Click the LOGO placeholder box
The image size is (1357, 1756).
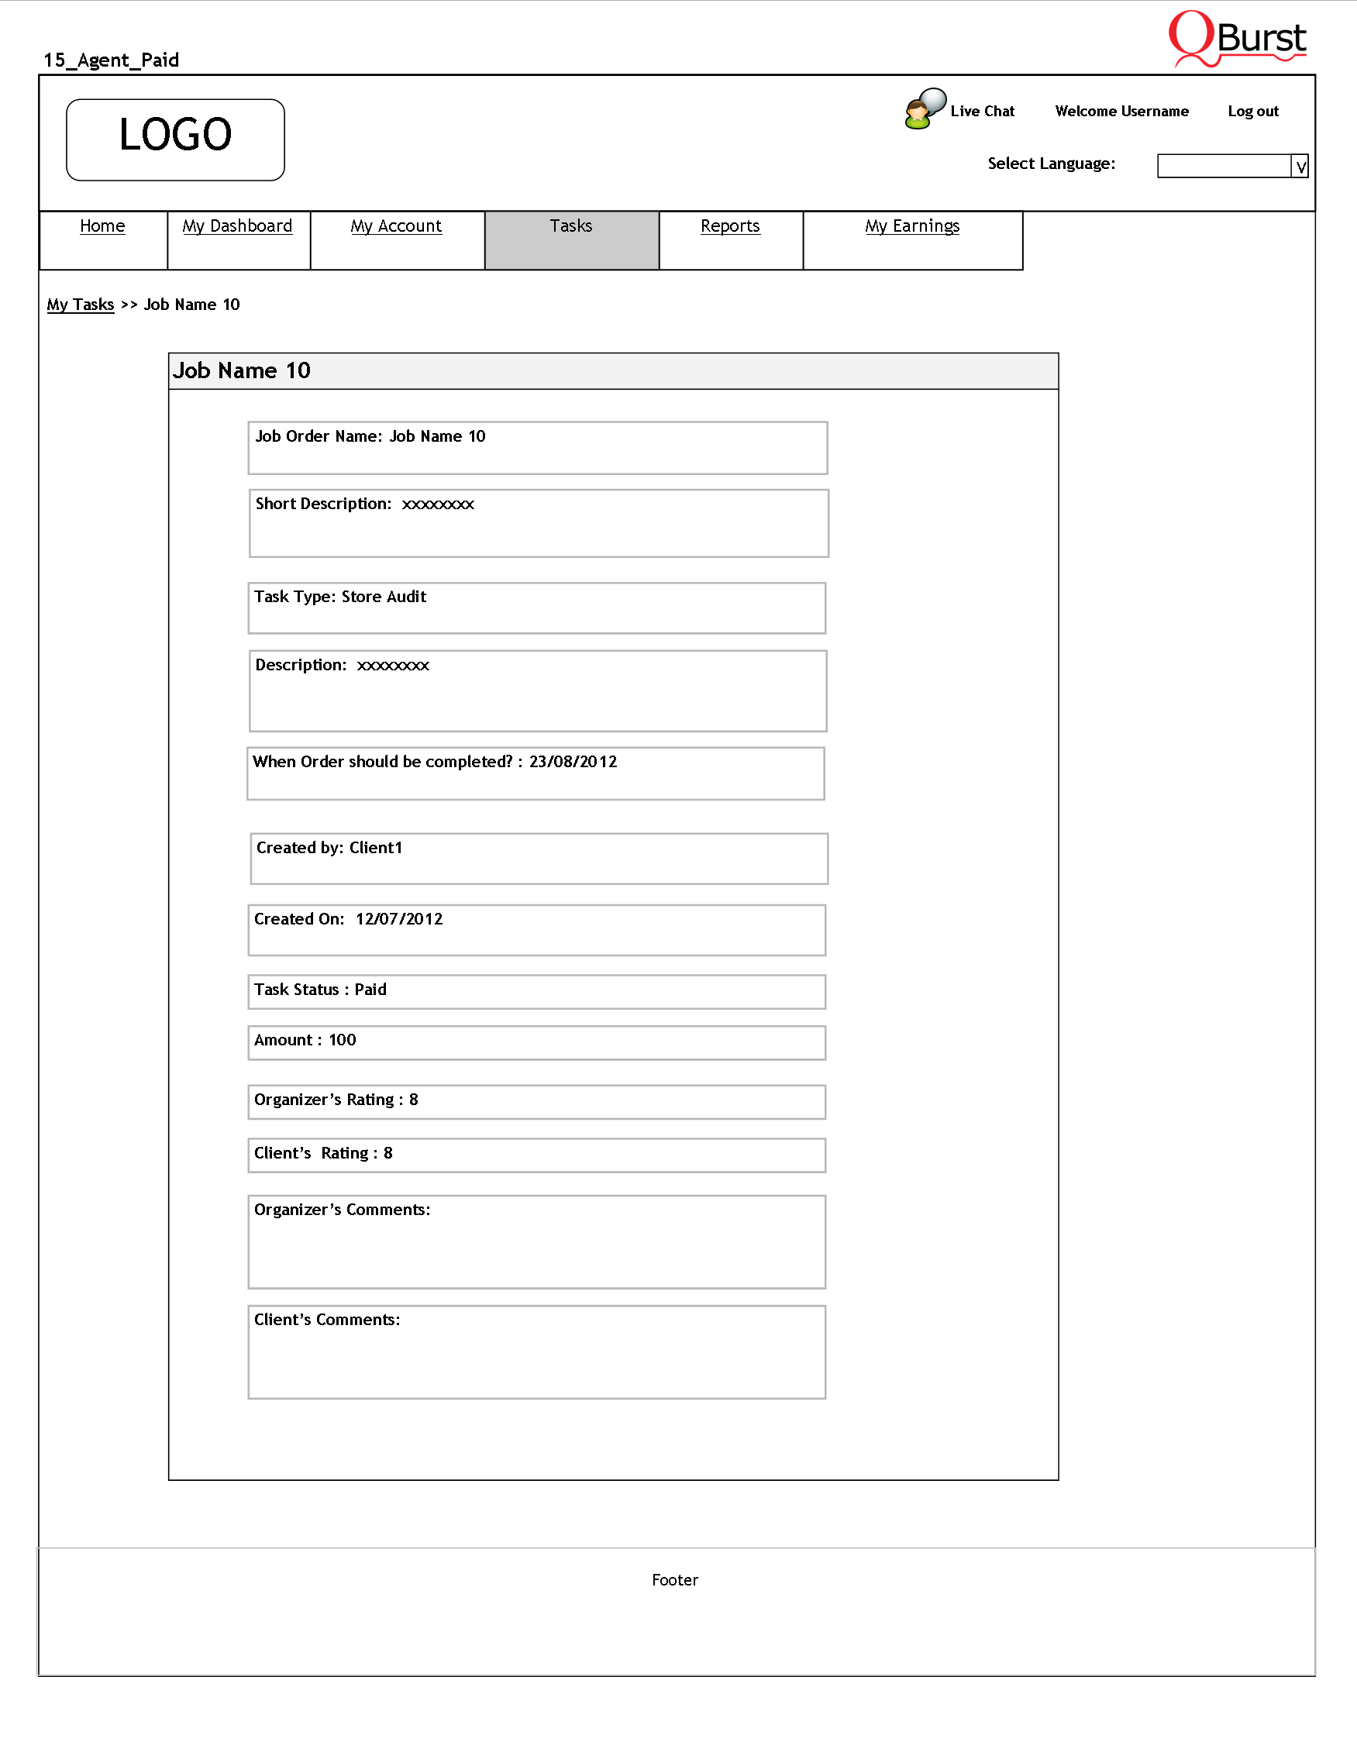coord(175,140)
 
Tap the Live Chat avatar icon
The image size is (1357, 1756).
coord(924,108)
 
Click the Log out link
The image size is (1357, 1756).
coord(1252,112)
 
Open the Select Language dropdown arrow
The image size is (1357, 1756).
coord(1300,167)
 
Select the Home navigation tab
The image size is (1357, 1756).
coord(102,226)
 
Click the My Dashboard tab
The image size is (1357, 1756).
coord(237,226)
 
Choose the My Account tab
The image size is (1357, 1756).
coord(395,226)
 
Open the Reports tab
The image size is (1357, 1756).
coord(730,226)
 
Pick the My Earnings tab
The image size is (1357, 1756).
coord(911,226)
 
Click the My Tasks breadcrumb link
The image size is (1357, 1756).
coord(81,305)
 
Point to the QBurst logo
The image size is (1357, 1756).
coord(1237,39)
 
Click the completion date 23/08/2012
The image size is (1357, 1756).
coord(573,762)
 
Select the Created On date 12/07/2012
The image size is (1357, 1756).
coord(399,919)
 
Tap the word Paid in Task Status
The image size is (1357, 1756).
coord(370,990)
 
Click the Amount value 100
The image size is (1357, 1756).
coord(342,1041)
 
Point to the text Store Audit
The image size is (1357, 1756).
coord(384,597)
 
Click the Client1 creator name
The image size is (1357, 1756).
coord(375,848)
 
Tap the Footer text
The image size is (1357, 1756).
coord(674,1580)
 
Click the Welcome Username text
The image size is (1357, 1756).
coord(1121,112)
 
